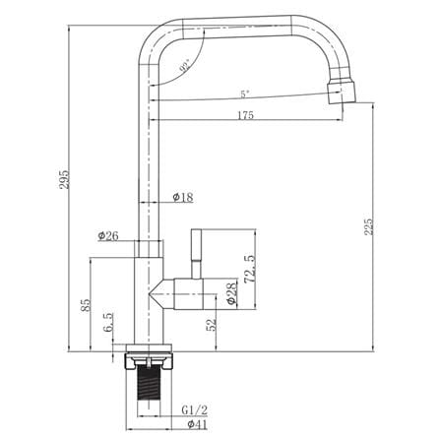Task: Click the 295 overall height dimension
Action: tap(64, 179)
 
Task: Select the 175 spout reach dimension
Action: tap(245, 115)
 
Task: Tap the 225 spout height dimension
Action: tap(369, 226)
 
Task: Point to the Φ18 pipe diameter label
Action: tap(183, 197)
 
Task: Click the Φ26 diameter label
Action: tap(108, 235)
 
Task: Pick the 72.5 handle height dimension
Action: tap(250, 269)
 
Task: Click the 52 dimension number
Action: tap(212, 325)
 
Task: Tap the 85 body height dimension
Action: tap(85, 305)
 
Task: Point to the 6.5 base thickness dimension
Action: tap(108, 322)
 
